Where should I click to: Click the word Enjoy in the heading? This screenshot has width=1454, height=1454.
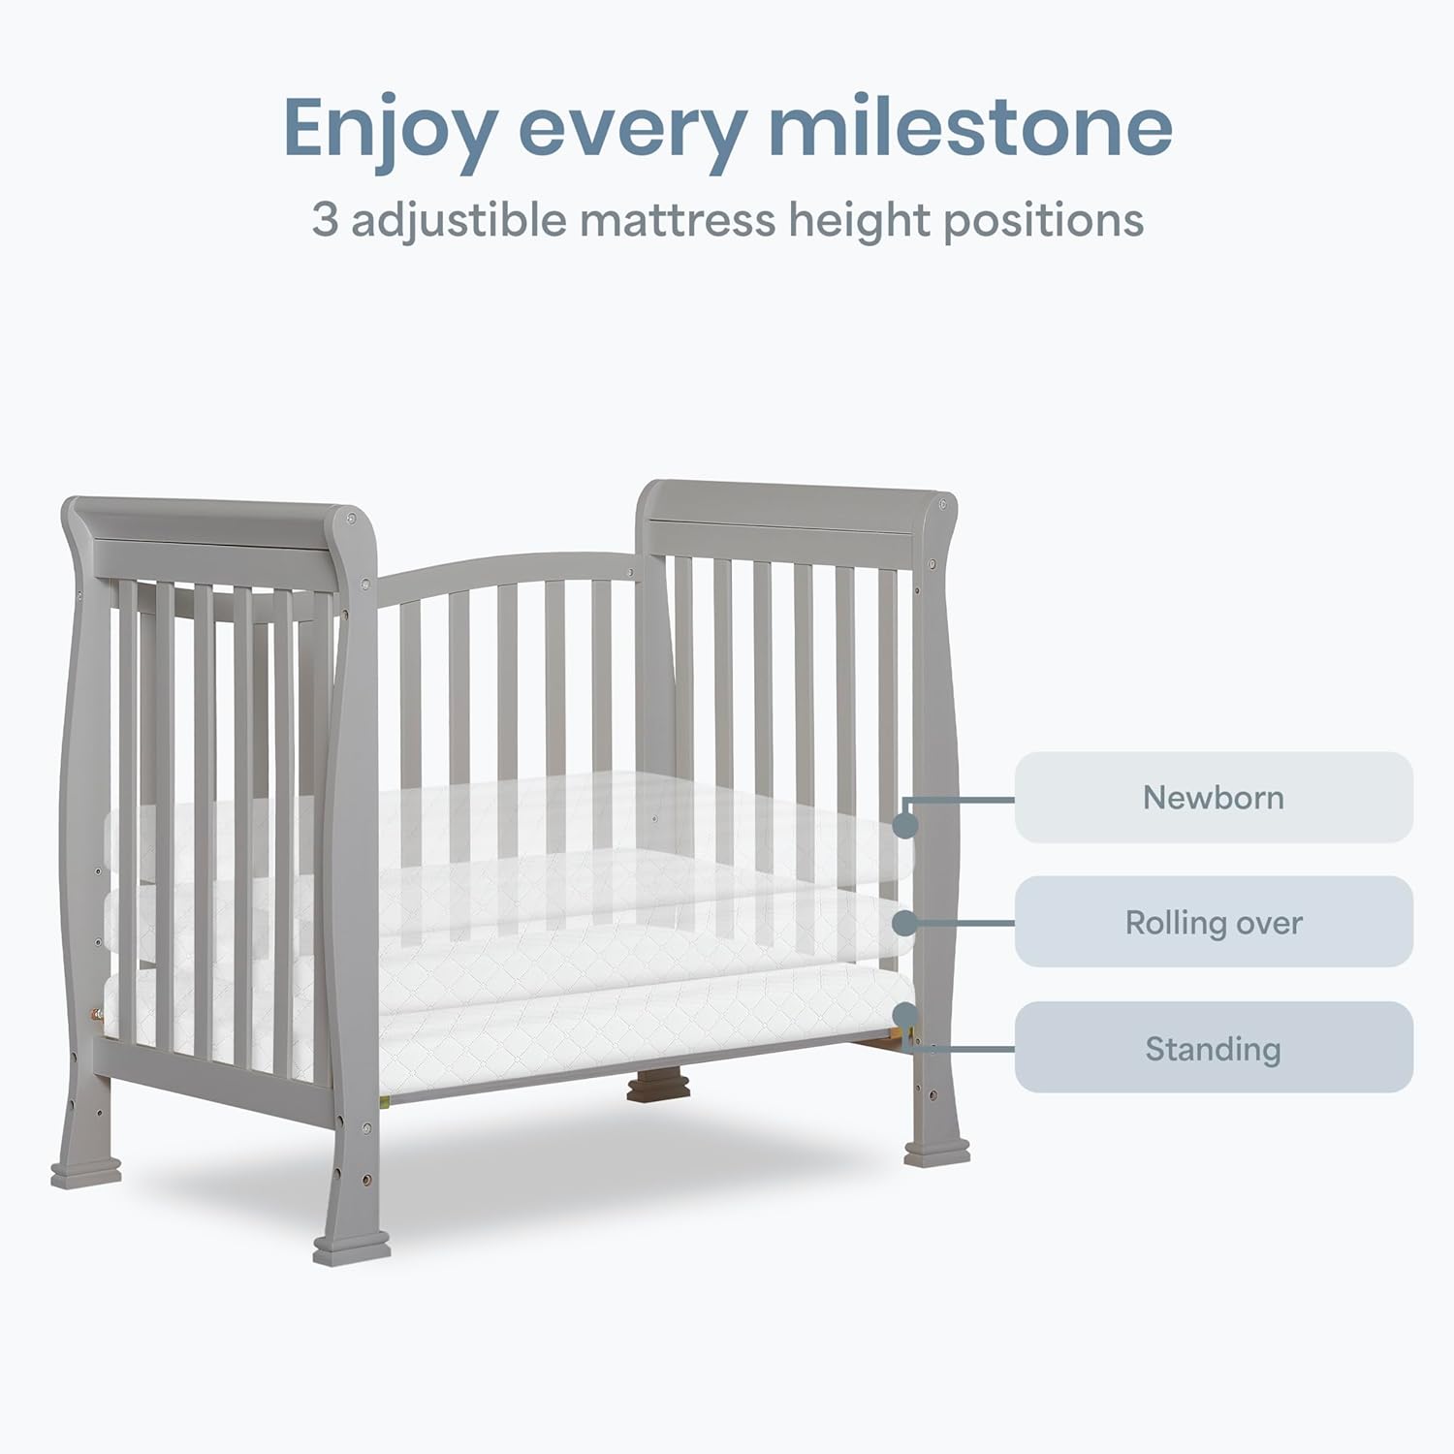pos(390,128)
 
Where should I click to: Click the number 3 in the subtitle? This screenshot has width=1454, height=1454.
pos(326,220)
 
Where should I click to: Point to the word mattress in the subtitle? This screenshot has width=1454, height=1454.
pos(678,220)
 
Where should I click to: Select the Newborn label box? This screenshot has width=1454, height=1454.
pos(1213,798)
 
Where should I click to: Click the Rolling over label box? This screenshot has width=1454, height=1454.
pos(1213,922)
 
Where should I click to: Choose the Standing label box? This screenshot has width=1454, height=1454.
pos(1213,1048)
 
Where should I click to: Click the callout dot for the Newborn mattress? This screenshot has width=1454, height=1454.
pos(905,825)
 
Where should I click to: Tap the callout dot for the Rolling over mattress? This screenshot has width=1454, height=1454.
pos(905,921)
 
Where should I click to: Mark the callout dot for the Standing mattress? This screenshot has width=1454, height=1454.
pos(905,1014)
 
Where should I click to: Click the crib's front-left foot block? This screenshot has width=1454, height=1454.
pos(351,1249)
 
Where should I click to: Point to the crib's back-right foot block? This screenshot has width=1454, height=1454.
pos(936,1153)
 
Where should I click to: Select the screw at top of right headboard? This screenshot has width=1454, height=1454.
pos(942,505)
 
